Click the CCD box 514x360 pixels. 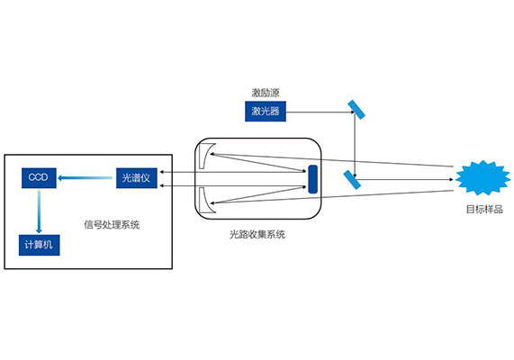pyautogui.click(x=39, y=178)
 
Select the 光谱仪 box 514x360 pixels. pyautogui.click(x=136, y=178)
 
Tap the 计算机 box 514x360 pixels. pyautogui.click(x=39, y=245)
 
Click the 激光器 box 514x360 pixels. pyautogui.click(x=266, y=112)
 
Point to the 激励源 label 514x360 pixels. pyautogui.click(x=266, y=93)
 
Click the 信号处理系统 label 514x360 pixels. pyautogui.click(x=112, y=225)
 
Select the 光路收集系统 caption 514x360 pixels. pyautogui.click(x=257, y=234)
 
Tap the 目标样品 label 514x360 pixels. pyautogui.click(x=484, y=210)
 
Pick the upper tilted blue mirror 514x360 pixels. pyautogui.click(x=356, y=110)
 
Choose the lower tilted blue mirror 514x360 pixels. pyautogui.click(x=352, y=180)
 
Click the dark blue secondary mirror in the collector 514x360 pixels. pyautogui.click(x=312, y=179)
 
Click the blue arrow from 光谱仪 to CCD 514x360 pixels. pyautogui.click(x=85, y=178)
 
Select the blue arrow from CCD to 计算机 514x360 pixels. pyautogui.click(x=39, y=211)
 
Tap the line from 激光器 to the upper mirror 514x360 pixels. pyautogui.click(x=320, y=112)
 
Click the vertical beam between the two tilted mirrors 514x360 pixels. pyautogui.click(x=355, y=145)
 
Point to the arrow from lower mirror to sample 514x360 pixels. pyautogui.click(x=404, y=179)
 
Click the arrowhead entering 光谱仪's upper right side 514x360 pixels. pyautogui.click(x=161, y=172)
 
